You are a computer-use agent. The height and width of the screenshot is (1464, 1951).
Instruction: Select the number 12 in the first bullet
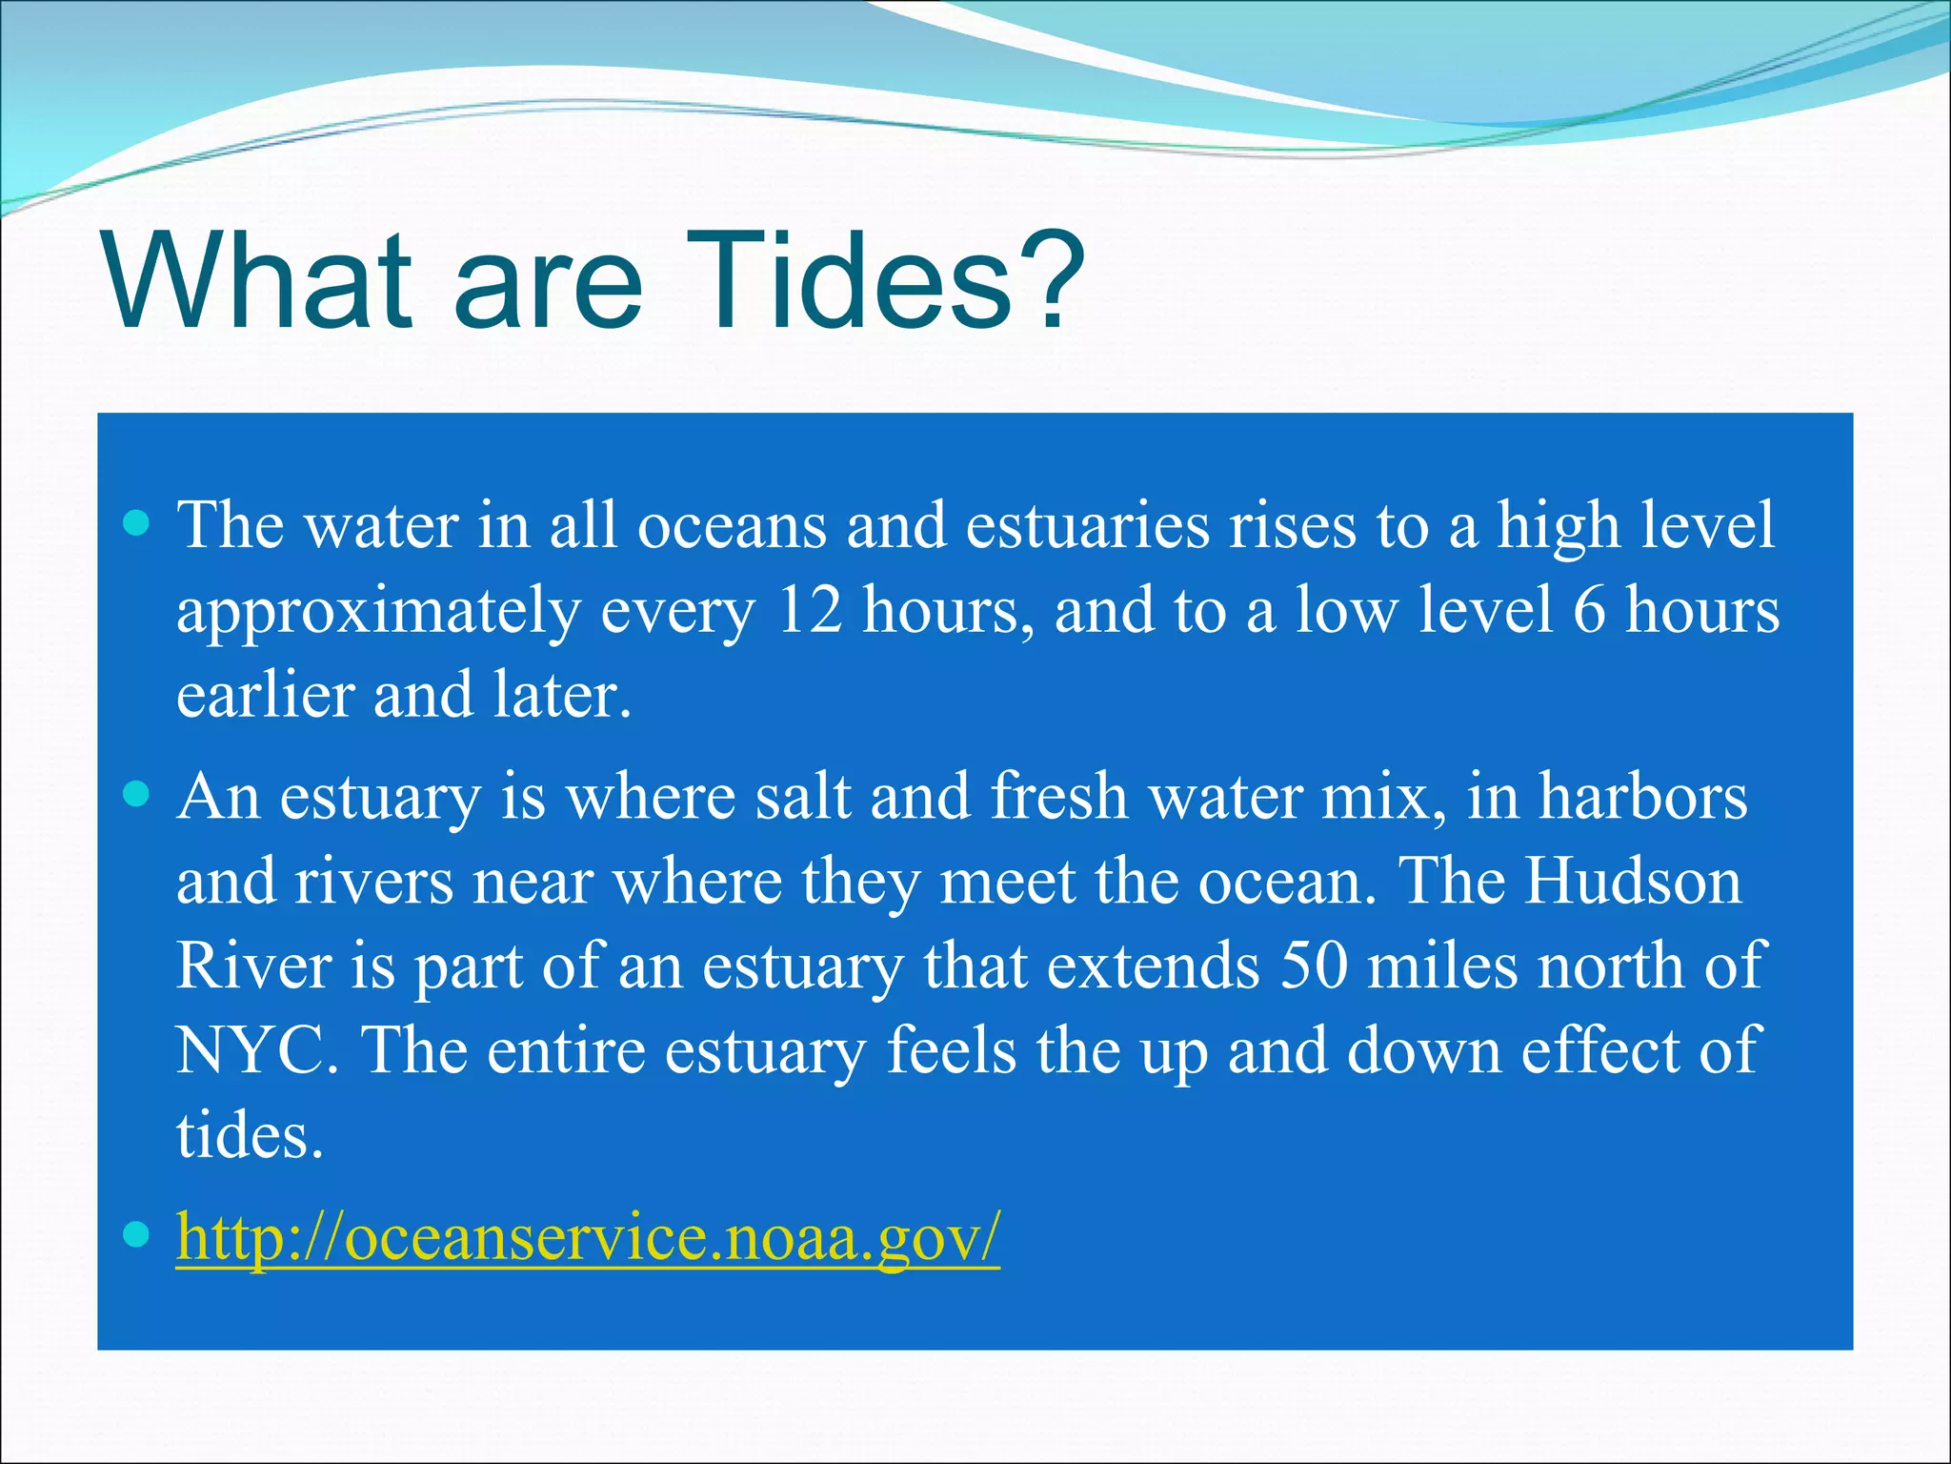tap(810, 610)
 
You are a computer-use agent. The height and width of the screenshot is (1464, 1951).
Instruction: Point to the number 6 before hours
tap(1588, 610)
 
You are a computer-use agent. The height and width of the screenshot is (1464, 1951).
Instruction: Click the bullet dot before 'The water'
tap(138, 523)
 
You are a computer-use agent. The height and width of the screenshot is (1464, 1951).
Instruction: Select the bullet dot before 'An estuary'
tap(138, 795)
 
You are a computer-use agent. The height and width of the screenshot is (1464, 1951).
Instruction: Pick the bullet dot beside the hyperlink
tap(138, 1235)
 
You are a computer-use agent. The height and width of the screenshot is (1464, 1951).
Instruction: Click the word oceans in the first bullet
tap(732, 527)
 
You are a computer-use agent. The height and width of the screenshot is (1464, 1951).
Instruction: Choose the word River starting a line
tap(253, 966)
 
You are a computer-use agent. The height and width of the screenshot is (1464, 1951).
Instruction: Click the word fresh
tap(1058, 797)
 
